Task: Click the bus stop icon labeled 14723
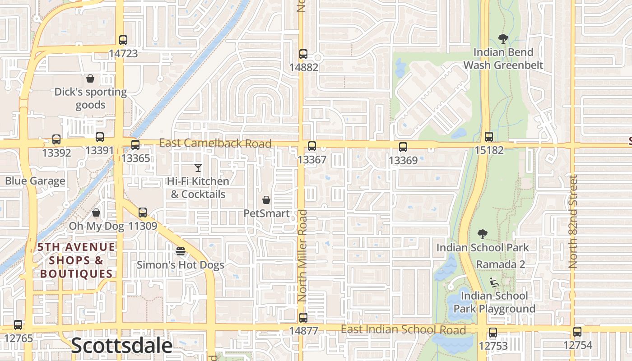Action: [123, 40]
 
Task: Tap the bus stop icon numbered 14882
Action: [303, 54]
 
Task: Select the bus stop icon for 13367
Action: [311, 146]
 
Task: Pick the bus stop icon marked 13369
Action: [403, 147]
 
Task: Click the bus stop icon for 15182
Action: [488, 137]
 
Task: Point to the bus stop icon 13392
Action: [56, 139]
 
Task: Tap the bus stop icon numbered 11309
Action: [143, 212]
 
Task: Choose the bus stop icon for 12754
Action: [577, 332]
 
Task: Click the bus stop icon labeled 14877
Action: [303, 318]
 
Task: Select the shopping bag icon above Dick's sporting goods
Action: [90, 79]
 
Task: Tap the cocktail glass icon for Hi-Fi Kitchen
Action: [198, 168]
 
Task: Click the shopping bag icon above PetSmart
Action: [266, 200]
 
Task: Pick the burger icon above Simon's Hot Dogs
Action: [181, 251]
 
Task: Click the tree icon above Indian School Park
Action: [482, 234]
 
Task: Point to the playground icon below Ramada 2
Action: [494, 283]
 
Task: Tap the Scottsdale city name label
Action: [122, 346]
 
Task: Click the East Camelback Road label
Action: [215, 143]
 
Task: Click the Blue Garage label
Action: [35, 181]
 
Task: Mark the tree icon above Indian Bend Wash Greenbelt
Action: [503, 39]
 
